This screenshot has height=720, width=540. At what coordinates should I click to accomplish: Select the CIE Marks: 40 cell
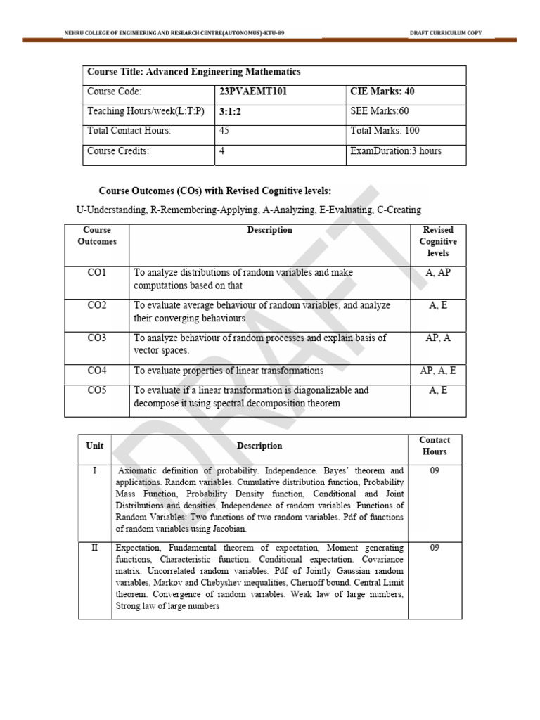coord(382,91)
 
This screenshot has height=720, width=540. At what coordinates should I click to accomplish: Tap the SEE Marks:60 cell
coord(379,111)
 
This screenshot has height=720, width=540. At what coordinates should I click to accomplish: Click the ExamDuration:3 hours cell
coord(396,150)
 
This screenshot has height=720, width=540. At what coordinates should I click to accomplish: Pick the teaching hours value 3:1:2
coord(231,111)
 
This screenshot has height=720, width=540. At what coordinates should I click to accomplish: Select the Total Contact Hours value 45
coord(224,131)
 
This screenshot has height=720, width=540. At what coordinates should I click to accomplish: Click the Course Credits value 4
coord(221,150)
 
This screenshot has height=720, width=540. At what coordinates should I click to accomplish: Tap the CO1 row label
coord(97,272)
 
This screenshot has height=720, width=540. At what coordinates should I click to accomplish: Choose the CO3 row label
coord(97,338)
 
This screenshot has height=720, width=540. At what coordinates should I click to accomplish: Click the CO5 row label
coord(97,390)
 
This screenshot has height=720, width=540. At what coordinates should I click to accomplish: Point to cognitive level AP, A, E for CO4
coord(438,371)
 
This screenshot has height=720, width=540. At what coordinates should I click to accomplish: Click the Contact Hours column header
coord(435,446)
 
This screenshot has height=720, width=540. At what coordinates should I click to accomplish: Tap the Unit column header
coord(95,446)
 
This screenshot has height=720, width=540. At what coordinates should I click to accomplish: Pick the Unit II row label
coord(95,548)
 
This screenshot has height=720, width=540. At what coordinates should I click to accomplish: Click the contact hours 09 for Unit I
coord(435,470)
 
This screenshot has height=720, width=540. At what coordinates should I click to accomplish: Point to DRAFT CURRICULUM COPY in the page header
coord(446,33)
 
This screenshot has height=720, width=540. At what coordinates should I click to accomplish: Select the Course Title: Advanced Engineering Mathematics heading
coord(193,72)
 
